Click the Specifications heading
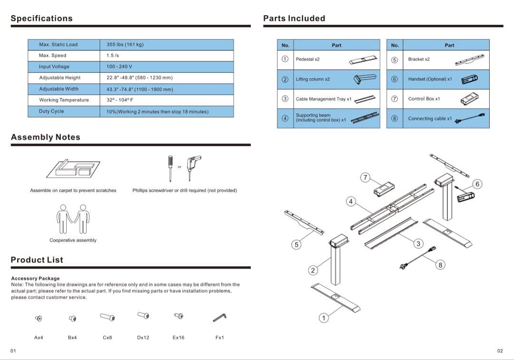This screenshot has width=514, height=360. pos(41,19)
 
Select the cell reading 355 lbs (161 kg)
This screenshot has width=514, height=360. pos(125,45)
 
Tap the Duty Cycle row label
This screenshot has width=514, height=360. pos(51,111)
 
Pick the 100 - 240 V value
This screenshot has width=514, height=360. pos(119,67)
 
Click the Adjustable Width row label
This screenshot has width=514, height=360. pos(59,89)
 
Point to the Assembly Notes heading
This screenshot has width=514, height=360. pos(45,137)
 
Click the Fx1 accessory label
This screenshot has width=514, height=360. pos(219,338)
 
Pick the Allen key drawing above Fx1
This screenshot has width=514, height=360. pos(219,317)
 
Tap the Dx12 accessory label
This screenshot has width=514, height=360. pos(143,338)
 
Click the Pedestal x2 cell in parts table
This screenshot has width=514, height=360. pos(308,60)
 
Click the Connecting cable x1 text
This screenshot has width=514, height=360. pos(430,119)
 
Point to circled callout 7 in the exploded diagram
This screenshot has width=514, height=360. pos(365,178)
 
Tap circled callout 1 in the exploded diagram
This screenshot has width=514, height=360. pos(324,318)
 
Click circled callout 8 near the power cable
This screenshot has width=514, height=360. pos(440,265)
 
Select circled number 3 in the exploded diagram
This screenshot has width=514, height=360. pos(418,243)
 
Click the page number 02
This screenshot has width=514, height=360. pos(500,351)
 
